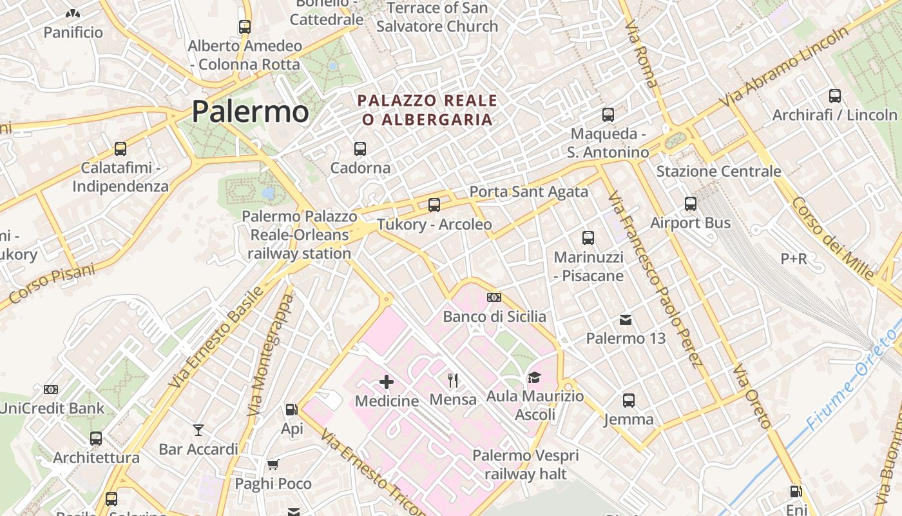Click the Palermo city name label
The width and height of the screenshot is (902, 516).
click(251, 112)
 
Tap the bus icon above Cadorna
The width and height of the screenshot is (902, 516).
click(360, 149)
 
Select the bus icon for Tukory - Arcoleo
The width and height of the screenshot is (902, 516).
click(434, 205)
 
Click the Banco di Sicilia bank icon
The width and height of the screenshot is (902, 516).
click(494, 297)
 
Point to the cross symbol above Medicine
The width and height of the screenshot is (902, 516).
click(387, 382)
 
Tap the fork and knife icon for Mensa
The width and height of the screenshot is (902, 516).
click(453, 381)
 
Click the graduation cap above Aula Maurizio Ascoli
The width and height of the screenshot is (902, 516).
click(534, 377)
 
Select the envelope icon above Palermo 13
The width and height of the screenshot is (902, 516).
click(625, 319)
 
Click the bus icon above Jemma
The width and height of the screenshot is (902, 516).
click(629, 401)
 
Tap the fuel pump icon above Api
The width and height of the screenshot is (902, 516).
click(291, 410)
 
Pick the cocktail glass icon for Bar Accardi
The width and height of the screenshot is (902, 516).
click(198, 430)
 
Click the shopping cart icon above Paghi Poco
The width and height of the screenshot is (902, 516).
click(273, 464)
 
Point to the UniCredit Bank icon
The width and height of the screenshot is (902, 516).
click(51, 390)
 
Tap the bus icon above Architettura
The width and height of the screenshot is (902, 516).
click(96, 439)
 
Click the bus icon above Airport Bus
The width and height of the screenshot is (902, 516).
click(691, 204)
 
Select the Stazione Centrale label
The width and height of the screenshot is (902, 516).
click(718, 172)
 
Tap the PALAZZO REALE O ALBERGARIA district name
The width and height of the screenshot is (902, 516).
click(428, 110)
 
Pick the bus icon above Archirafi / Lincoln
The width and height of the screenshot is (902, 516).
click(835, 96)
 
